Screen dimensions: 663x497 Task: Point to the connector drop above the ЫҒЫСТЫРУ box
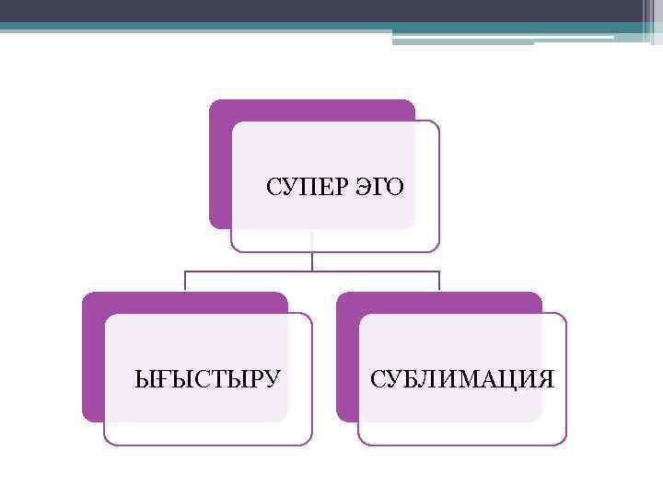click(x=185, y=282)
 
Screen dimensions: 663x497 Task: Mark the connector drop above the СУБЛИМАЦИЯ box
click(x=439, y=282)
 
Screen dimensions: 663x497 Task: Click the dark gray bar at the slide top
click(x=331, y=10)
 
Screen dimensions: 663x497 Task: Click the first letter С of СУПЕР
click(x=273, y=189)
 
